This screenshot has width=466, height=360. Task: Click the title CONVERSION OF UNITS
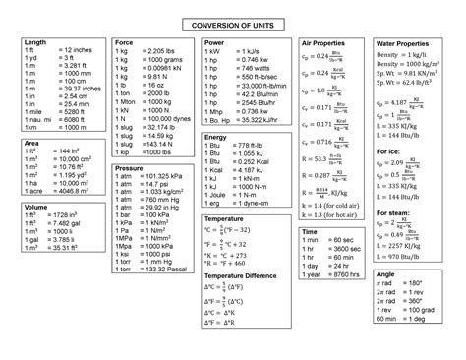click(232, 24)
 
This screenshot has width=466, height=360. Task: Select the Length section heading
click(35, 43)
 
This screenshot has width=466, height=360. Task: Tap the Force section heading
click(124, 43)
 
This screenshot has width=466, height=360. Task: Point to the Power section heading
click(214, 43)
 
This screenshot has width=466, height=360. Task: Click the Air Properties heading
click(320, 44)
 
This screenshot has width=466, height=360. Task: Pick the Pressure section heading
click(129, 169)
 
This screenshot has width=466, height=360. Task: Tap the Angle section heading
click(385, 274)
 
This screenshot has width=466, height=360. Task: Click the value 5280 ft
click(76, 112)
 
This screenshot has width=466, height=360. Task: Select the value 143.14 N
click(160, 144)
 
